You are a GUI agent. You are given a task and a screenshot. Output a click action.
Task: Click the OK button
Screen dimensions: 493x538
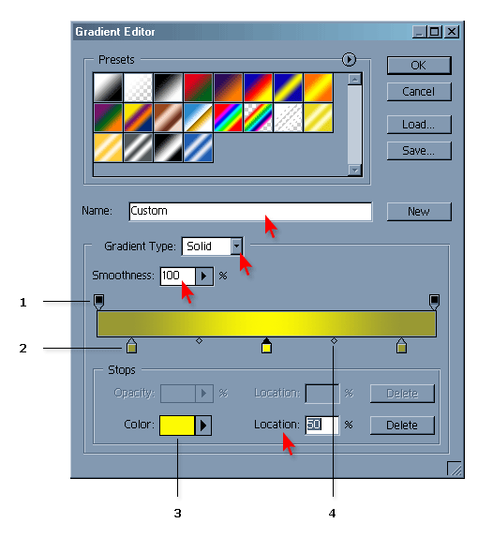(x=419, y=66)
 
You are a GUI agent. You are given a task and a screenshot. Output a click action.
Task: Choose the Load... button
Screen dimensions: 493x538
(x=419, y=125)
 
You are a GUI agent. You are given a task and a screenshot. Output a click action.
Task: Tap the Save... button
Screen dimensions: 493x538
(x=419, y=151)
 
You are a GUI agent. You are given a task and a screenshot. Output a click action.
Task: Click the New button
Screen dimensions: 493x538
(x=419, y=212)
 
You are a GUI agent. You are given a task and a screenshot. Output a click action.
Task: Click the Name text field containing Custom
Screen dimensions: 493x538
(x=250, y=212)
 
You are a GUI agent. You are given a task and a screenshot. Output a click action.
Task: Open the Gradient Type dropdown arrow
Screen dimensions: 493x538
(x=236, y=246)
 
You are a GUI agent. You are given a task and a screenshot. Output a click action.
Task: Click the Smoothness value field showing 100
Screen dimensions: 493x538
(x=178, y=276)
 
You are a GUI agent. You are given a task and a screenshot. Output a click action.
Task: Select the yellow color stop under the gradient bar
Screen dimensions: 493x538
(x=266, y=346)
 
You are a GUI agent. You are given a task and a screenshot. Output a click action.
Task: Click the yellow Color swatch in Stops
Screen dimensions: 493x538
(x=177, y=426)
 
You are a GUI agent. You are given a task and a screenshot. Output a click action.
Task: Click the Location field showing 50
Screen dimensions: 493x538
(x=321, y=426)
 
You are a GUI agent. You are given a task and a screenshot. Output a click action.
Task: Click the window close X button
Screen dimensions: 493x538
(x=452, y=32)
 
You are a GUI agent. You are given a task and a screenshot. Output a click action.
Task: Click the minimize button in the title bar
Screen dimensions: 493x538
(x=419, y=32)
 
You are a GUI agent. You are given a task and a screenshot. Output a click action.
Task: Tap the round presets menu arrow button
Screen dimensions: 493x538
(x=349, y=59)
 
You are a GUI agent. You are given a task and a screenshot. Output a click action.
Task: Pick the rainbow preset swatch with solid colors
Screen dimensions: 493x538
(x=228, y=118)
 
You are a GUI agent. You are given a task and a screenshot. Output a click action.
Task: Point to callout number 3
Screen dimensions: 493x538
(x=177, y=514)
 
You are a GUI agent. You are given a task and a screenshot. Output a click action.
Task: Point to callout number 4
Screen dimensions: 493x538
(x=332, y=514)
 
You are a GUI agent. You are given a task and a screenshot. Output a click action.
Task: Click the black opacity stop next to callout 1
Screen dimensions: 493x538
(x=98, y=302)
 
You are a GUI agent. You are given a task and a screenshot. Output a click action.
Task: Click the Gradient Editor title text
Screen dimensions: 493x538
(x=115, y=32)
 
